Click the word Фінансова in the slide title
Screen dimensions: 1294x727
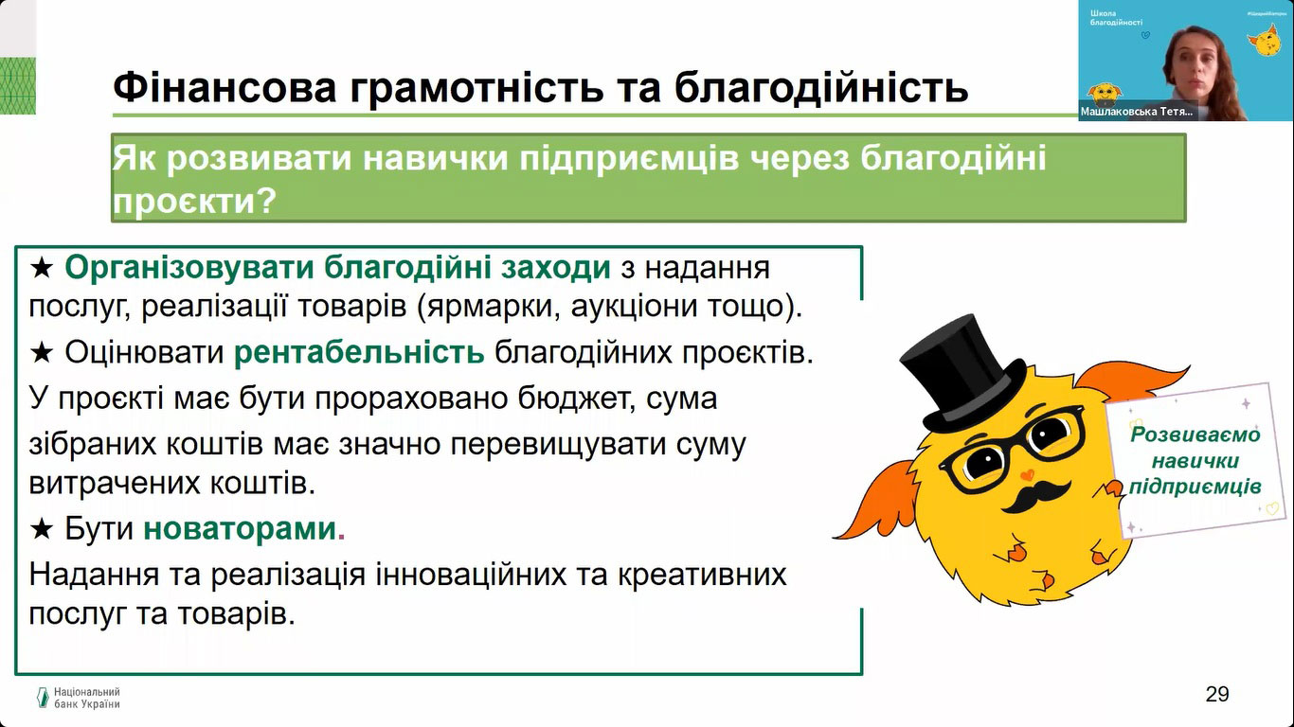[x=225, y=87]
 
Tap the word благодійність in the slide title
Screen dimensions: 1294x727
[x=820, y=87]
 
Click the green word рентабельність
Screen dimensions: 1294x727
[x=359, y=352]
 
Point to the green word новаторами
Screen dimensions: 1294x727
[x=240, y=528]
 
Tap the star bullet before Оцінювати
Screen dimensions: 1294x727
[x=42, y=352]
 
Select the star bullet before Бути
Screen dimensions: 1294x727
[x=42, y=528]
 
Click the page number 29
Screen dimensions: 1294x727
[x=1217, y=694]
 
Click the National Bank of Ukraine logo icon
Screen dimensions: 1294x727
[x=43, y=697]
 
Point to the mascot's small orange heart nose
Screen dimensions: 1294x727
[x=1027, y=474]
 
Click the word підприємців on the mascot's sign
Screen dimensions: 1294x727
[x=1195, y=487]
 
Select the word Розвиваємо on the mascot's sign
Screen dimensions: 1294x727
[x=1195, y=434]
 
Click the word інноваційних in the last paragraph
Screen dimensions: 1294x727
[x=471, y=575]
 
